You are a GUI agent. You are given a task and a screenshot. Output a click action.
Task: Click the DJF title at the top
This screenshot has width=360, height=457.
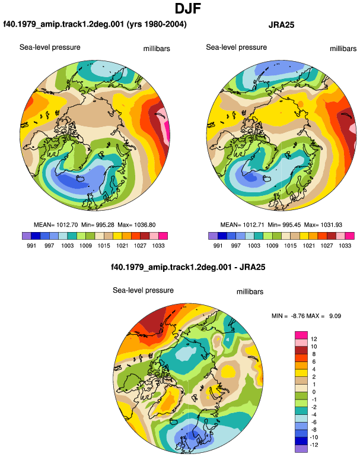[x=188, y=8]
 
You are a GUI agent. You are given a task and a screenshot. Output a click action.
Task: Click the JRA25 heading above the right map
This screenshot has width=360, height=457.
[x=281, y=25]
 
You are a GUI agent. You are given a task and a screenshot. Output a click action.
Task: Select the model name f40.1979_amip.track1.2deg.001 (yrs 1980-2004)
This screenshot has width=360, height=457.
[x=95, y=24]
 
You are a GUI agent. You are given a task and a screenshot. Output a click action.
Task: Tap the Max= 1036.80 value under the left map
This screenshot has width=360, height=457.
[x=136, y=225]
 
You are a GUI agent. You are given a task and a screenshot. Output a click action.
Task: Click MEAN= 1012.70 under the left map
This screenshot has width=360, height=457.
[x=56, y=225]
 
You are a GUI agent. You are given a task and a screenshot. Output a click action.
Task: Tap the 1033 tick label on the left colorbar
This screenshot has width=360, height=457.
[x=158, y=246]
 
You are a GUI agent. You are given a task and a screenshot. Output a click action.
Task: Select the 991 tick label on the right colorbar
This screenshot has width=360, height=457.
[x=218, y=246]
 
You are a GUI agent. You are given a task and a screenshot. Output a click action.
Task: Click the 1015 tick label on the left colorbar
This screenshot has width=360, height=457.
[x=104, y=246]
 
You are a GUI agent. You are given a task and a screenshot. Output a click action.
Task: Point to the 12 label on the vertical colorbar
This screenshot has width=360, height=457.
[x=314, y=339]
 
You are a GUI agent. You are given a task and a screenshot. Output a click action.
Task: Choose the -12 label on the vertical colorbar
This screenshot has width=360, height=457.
[x=314, y=445]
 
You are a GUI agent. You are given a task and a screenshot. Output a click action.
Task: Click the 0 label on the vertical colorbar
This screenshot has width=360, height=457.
[x=314, y=392]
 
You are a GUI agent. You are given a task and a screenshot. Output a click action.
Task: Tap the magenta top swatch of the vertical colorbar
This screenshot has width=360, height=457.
[x=301, y=335]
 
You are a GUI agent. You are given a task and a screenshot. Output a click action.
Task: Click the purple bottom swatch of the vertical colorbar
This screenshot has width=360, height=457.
[x=301, y=449]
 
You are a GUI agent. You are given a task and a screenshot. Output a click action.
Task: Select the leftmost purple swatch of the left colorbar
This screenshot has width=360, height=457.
[x=27, y=236]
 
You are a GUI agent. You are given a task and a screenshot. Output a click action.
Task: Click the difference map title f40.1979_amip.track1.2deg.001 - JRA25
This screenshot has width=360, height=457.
[x=188, y=267]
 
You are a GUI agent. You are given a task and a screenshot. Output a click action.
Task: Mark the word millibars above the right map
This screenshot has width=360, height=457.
[x=343, y=49]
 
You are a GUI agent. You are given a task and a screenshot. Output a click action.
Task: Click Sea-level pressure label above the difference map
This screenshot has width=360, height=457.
[x=144, y=290]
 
